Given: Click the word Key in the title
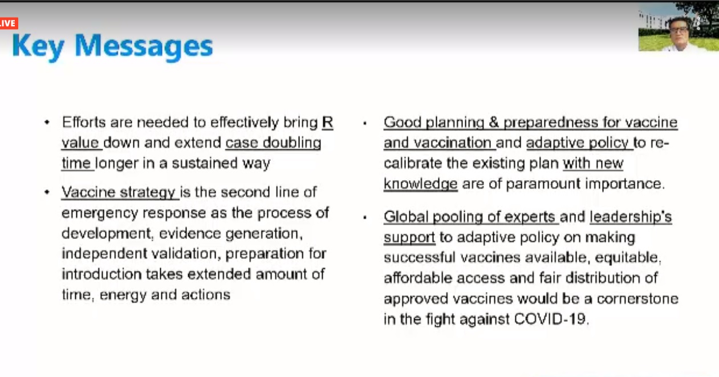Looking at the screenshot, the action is tap(38, 47).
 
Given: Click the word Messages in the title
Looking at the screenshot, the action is tap(144, 47).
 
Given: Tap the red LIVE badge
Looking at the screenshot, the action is tap(9, 23).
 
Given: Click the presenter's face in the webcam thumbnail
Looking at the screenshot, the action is tap(679, 31).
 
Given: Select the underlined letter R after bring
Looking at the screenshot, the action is tap(327, 123).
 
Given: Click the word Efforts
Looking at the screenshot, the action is tap(84, 123).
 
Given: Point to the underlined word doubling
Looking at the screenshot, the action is tap(292, 143).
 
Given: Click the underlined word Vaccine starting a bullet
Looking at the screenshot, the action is tap(88, 192).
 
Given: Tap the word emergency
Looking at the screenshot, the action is tap(100, 213).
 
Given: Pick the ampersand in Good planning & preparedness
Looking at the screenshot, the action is tap(494, 123).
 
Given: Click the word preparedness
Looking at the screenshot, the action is tap(551, 123).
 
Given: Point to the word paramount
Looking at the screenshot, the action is tap(543, 184).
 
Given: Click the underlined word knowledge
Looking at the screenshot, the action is tap(420, 184).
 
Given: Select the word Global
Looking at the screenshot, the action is tap(406, 217).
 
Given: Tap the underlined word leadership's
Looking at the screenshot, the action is tap(631, 217).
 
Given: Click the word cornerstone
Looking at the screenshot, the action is tap(637, 299).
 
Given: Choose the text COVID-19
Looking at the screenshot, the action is tap(550, 319).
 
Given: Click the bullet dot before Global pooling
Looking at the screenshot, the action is tap(365, 218).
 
